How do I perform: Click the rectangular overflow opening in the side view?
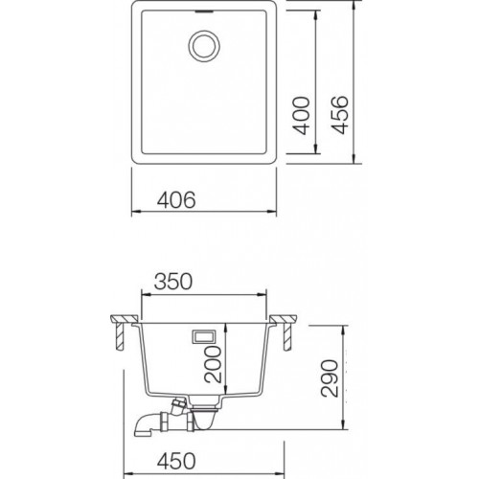[x=204, y=336]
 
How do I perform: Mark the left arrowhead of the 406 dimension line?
[x=131, y=215]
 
